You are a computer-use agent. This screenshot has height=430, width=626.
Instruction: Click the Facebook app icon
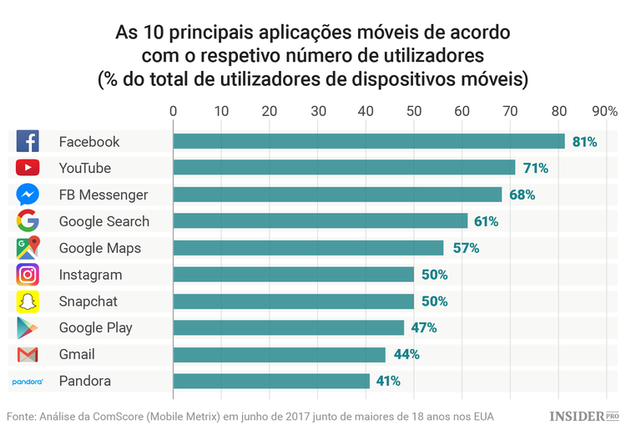(x=28, y=141)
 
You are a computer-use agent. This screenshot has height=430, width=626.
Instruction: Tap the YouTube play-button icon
(x=28, y=168)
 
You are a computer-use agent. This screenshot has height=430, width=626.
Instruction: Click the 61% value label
(x=486, y=221)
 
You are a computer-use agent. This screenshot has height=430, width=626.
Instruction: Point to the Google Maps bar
(x=308, y=248)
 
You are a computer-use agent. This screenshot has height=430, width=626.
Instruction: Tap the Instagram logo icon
(x=28, y=275)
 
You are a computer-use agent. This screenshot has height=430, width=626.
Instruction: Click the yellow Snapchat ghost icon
(x=28, y=301)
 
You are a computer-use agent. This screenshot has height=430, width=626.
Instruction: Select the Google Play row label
(x=95, y=328)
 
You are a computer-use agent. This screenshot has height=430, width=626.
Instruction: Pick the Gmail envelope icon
(x=28, y=355)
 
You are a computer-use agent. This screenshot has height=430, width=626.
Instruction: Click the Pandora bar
(x=271, y=381)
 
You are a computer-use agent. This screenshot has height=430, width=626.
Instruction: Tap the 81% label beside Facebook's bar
(x=584, y=142)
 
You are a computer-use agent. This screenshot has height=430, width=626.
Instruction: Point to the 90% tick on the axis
(x=603, y=111)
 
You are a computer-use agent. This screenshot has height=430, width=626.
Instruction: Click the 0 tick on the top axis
(x=173, y=111)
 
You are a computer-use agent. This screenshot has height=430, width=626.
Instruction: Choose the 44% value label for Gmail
(x=406, y=354)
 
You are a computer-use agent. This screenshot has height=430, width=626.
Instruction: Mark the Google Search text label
(x=103, y=221)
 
